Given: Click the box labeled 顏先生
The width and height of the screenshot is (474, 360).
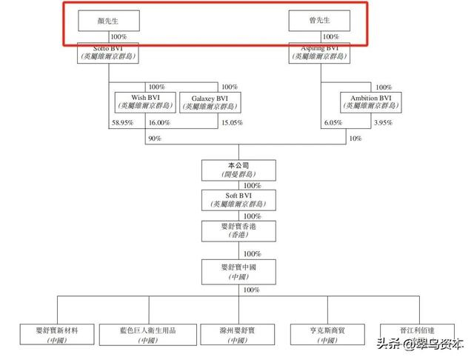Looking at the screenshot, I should tap(110, 21).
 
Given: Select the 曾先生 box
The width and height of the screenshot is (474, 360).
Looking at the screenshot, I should tap(319, 21).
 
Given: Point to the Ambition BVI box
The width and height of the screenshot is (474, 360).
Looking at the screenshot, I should tap(371, 101).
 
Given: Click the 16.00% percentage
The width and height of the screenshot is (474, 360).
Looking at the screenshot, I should tap(159, 123).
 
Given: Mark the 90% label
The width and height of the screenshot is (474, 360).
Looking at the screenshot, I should tap(155, 139).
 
